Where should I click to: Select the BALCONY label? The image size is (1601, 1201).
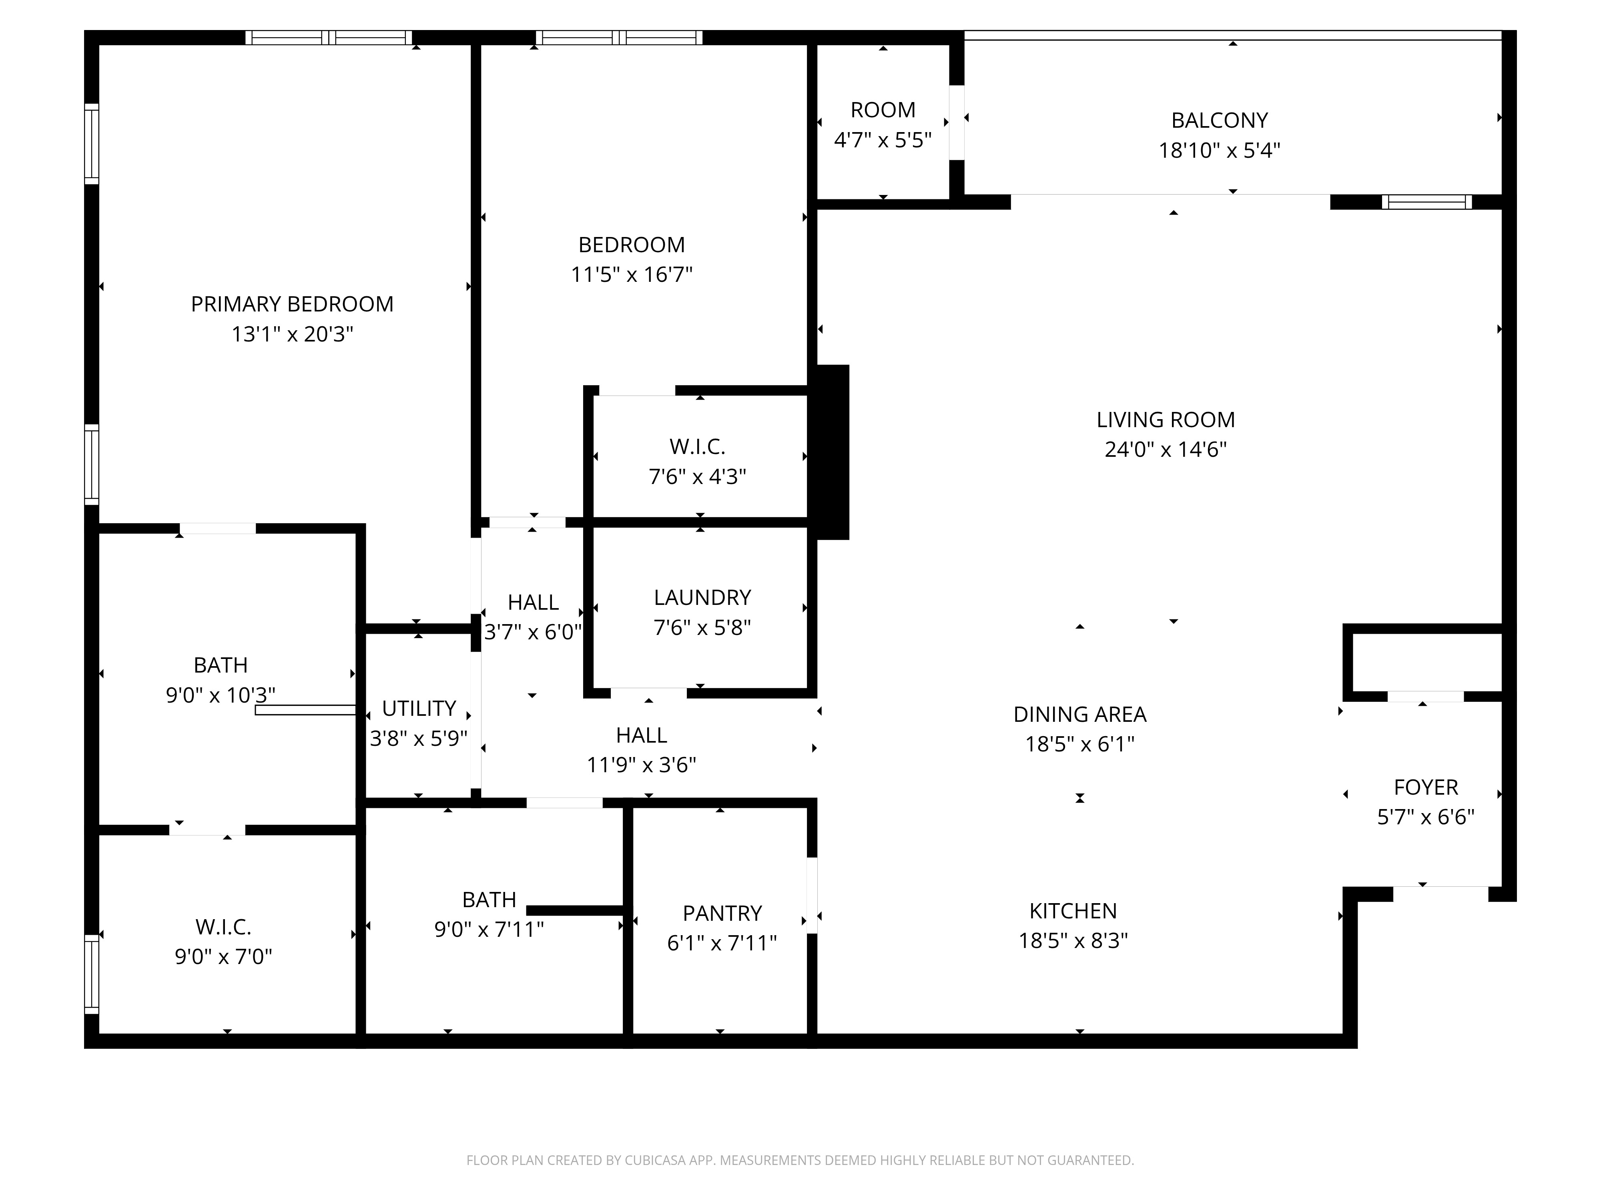pyautogui.click(x=1220, y=120)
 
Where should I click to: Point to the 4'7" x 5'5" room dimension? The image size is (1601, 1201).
pyautogui.click(x=883, y=140)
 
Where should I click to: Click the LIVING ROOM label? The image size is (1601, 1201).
pyautogui.click(x=1165, y=420)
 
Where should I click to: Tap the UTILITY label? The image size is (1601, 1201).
pyautogui.click(x=419, y=708)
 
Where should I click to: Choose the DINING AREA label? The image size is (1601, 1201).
pyautogui.click(x=1080, y=715)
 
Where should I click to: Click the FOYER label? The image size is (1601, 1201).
pyautogui.click(x=1426, y=787)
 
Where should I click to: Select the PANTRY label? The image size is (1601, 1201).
pyautogui.click(x=722, y=914)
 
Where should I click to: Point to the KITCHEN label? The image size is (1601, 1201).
pyautogui.click(x=1073, y=911)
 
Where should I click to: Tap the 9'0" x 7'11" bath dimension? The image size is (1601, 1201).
pyautogui.click(x=489, y=930)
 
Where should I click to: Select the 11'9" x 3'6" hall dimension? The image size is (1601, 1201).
pyautogui.click(x=641, y=765)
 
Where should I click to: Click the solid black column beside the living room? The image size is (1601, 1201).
pyautogui.click(x=833, y=452)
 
